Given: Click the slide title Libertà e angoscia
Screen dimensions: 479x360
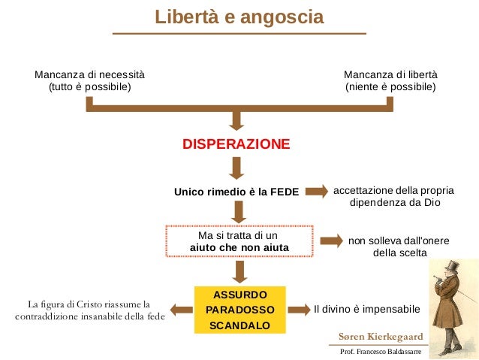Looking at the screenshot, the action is click(x=239, y=17).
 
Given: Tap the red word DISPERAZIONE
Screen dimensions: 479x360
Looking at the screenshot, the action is click(x=236, y=144).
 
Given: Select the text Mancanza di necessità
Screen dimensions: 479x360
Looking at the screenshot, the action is click(x=89, y=74).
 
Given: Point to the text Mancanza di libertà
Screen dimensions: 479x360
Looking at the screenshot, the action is click(x=390, y=74).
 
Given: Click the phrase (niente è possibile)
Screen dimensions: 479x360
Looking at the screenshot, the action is click(x=390, y=87).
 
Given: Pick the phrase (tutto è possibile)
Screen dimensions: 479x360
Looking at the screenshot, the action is click(x=89, y=87).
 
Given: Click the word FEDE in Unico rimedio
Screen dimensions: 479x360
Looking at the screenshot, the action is click(x=284, y=192).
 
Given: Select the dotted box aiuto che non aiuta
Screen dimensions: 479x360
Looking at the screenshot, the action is click(x=239, y=241).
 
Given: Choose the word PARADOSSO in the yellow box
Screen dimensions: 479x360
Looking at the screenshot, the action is click(x=239, y=310).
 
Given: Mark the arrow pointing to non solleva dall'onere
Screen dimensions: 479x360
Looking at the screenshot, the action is click(x=331, y=241).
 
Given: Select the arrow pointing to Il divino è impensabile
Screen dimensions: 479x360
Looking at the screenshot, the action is click(x=300, y=309).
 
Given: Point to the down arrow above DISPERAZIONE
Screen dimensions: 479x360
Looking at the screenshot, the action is click(x=237, y=119).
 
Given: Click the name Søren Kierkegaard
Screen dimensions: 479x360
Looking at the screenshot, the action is click(x=381, y=336).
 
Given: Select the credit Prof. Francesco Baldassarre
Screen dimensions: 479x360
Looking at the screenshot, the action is click(x=381, y=351).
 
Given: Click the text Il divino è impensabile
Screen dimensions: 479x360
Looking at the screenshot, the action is click(x=366, y=309).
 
